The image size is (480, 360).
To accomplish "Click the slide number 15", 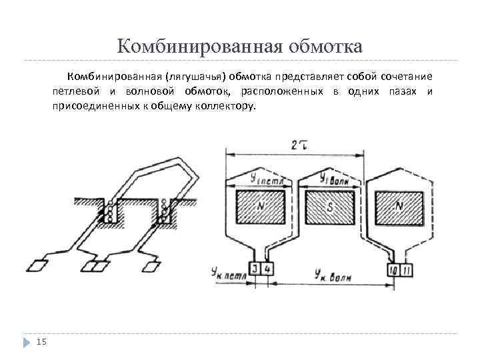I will (41, 342).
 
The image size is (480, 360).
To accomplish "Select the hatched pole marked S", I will (329, 207).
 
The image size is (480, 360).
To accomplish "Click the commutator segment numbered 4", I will (267, 269).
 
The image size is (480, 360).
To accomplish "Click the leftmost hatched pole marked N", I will (261, 207).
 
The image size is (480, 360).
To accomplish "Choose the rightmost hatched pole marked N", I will (399, 207).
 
